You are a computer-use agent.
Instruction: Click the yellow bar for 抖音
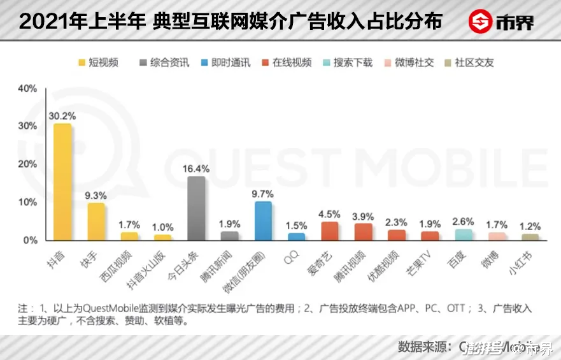[62, 183]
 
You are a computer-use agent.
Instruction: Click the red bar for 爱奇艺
[330, 231]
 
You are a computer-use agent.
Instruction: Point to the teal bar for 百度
[464, 235]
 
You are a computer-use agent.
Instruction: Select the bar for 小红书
[530, 238]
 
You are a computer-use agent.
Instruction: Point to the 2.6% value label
[464, 221]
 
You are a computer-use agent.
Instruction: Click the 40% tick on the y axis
[27, 89]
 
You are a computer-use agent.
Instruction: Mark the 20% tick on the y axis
[27, 164]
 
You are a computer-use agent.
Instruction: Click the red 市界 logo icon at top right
[481, 21]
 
